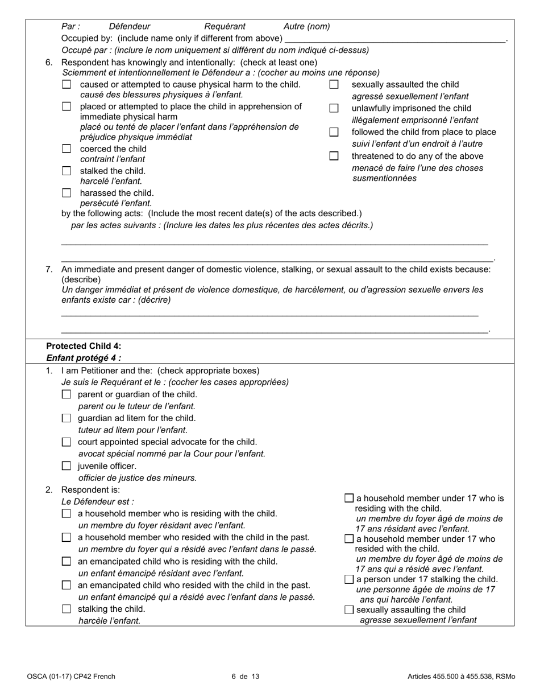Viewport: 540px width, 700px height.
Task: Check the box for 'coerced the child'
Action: tap(67, 149)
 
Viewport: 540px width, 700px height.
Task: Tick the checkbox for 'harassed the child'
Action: tap(67, 193)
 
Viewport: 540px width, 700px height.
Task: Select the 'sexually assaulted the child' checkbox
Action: tap(334, 85)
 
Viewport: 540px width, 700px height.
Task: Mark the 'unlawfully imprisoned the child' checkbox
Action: tap(334, 108)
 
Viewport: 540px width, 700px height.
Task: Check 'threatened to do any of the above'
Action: tap(334, 156)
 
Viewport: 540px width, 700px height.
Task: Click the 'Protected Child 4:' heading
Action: tap(84, 346)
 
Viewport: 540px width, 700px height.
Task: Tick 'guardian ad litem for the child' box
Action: tap(67, 418)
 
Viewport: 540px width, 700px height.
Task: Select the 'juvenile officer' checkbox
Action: tap(67, 466)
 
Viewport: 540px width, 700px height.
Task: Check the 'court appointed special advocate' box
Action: tap(67, 442)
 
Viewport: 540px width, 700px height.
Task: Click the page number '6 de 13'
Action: tap(246, 677)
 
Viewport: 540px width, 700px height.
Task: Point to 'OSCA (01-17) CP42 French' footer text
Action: tap(71, 677)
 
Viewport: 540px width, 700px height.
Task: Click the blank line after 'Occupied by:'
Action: tap(394, 39)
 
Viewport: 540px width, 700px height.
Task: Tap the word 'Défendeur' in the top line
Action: tap(130, 26)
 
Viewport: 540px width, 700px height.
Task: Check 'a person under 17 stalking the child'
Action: tap(349, 579)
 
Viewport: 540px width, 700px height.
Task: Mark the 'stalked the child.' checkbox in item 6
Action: tap(67, 171)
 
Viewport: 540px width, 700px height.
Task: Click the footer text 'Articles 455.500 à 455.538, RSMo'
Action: tap(461, 677)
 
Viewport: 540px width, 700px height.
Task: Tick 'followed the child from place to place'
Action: tap(334, 132)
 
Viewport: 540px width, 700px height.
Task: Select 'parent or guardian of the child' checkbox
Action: tap(67, 394)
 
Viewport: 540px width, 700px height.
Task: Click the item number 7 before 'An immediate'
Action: tap(49, 270)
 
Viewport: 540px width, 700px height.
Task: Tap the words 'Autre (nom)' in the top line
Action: tap(306, 26)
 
